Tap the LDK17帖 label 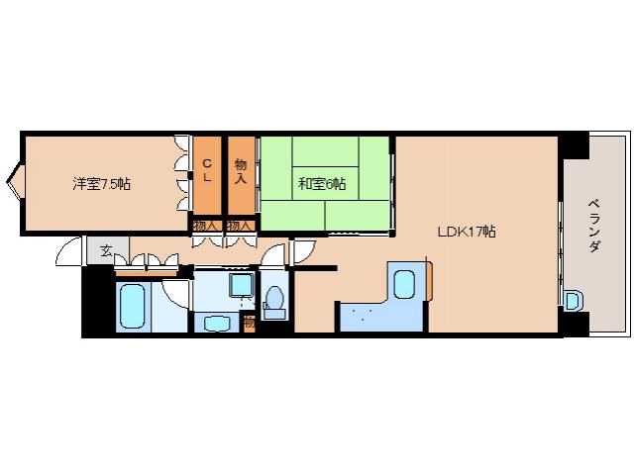(x=468, y=232)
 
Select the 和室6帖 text (x=322, y=183)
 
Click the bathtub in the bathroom (x=132, y=307)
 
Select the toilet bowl (x=275, y=300)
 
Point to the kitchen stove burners (x=361, y=316)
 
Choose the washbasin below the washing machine (x=214, y=321)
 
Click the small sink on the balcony (x=572, y=300)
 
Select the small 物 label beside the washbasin (x=249, y=322)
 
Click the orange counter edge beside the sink (x=431, y=280)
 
